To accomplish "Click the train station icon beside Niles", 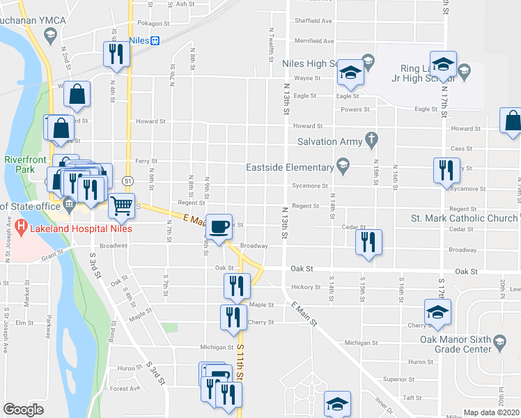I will pos(155,40).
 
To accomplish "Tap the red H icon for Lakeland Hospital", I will pos(20,226).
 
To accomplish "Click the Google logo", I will pos(23,410).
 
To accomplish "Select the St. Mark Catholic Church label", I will pos(464,219).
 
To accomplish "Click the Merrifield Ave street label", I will pos(314,42).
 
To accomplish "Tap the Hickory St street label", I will pos(305,286).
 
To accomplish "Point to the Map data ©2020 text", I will pos(492,412).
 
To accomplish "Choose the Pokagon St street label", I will pos(154,23).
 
